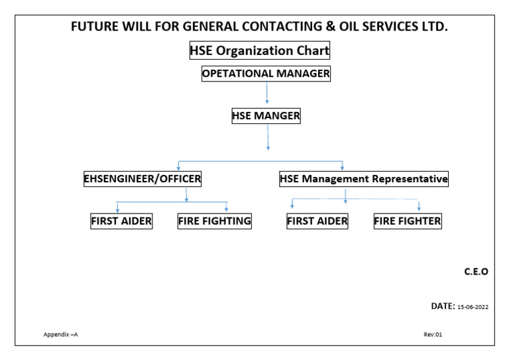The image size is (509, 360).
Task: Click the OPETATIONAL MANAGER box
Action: pyautogui.click(x=266, y=74)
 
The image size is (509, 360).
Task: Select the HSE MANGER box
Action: pyautogui.click(x=266, y=116)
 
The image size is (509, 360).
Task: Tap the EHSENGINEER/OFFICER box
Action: pyautogui.click(x=142, y=178)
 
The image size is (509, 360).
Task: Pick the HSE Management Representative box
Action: pyautogui.click(x=364, y=178)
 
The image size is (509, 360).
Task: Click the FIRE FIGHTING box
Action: pyautogui.click(x=214, y=221)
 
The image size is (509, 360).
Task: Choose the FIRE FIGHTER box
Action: pyautogui.click(x=408, y=221)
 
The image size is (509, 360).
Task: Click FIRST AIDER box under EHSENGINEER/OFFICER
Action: pyautogui.click(x=121, y=221)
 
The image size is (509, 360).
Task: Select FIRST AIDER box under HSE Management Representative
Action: pyautogui.click(x=317, y=221)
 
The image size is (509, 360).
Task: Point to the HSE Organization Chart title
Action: pyautogui.click(x=260, y=50)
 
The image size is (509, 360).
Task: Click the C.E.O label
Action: pyautogui.click(x=476, y=272)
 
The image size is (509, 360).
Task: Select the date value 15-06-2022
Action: pyautogui.click(x=473, y=307)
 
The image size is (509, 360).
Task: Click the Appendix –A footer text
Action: pyautogui.click(x=61, y=334)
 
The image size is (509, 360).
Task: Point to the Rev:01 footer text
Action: pyautogui.click(x=433, y=334)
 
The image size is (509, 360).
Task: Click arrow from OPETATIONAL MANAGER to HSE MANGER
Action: pyautogui.click(x=266, y=93)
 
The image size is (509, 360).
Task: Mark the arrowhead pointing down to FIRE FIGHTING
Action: pyautogui.click(x=227, y=209)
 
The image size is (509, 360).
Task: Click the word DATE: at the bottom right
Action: pyautogui.click(x=442, y=306)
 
